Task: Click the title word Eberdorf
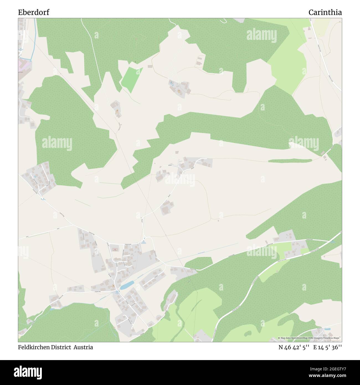tap(34, 12)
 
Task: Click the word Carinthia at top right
tap(325, 12)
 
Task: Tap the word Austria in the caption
tap(83, 347)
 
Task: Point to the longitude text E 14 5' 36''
tap(328, 347)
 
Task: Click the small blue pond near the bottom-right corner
tap(328, 329)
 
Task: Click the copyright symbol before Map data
tap(279, 338)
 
